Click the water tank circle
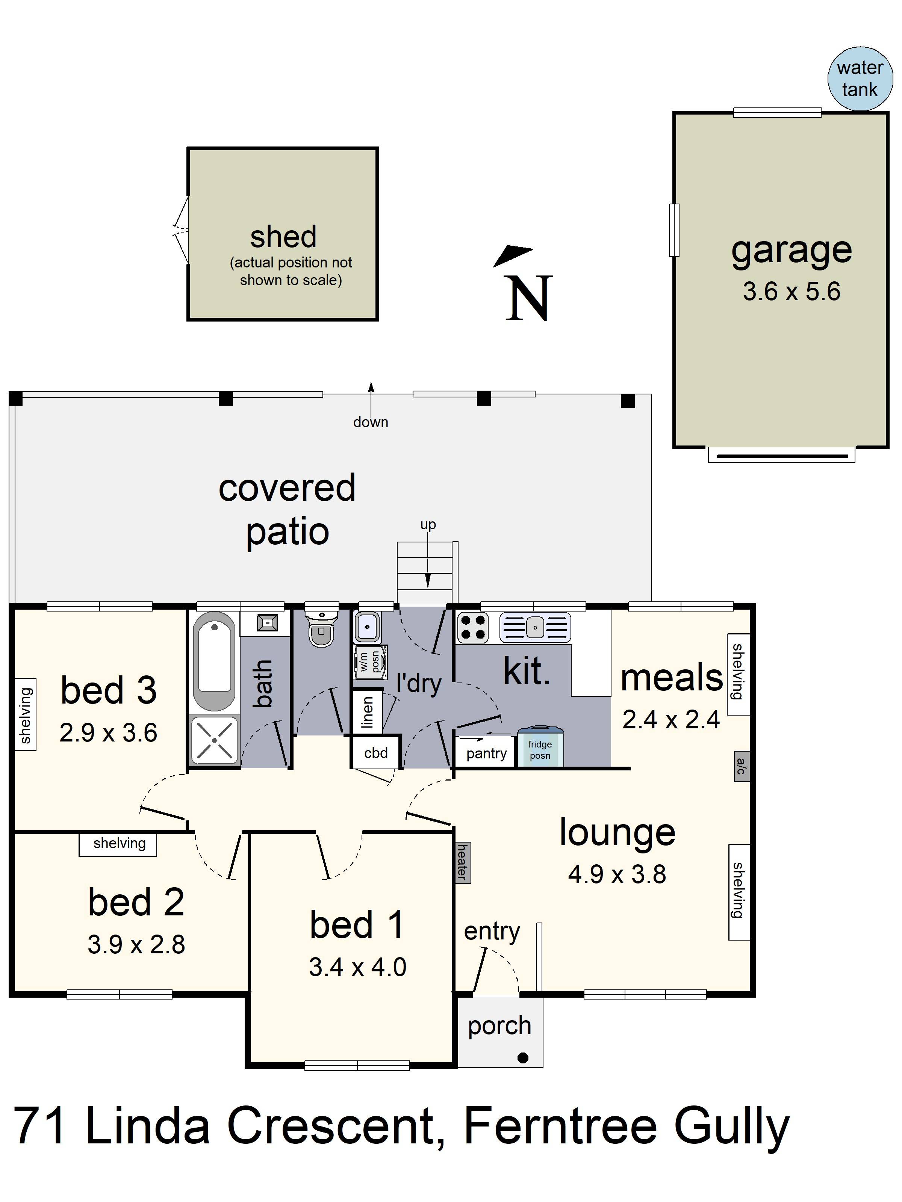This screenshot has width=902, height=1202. click(x=860, y=79)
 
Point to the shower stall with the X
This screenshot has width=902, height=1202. click(x=214, y=740)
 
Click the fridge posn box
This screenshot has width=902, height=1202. click(x=540, y=747)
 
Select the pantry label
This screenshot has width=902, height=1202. click(x=486, y=753)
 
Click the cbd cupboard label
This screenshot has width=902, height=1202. click(x=376, y=753)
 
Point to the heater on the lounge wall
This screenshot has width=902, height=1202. click(x=463, y=862)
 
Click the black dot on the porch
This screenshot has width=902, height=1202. click(x=523, y=1057)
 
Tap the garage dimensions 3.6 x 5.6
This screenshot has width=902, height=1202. click(x=792, y=292)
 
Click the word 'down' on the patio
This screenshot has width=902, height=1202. click(x=371, y=422)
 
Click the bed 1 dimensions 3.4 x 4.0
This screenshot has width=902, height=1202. click(x=358, y=967)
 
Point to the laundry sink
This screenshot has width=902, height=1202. click(x=368, y=627)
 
